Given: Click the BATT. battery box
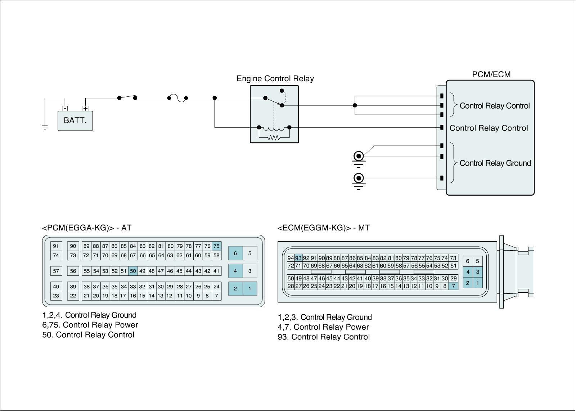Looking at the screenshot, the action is coord(75,121).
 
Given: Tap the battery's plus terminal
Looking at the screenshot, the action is coord(85,108).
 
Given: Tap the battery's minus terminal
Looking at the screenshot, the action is coord(65,108).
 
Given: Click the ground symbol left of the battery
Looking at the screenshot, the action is coord(45,128).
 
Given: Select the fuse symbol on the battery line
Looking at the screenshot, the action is coord(178,98).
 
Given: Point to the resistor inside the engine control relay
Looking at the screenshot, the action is coord(274,138).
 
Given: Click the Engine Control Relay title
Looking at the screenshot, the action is coord(275,79).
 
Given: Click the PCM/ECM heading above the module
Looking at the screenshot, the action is coord(491,74).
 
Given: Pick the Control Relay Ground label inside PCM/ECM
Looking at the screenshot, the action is coord(495,163).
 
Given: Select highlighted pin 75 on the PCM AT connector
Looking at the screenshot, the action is coord(216,246).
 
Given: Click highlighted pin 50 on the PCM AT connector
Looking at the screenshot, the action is coord(133,271).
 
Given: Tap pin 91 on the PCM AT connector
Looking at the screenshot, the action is coord(56,246).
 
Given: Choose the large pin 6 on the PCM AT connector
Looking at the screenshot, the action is coord(235,253).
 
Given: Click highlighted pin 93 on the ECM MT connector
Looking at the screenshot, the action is coord(298,258).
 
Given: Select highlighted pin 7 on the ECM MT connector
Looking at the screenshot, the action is coord(453,286).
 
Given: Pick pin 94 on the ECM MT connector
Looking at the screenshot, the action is coord(291,258).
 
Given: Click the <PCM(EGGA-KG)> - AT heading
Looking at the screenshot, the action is coord(87,228).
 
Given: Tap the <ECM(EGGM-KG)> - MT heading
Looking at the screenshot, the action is coord(324,228).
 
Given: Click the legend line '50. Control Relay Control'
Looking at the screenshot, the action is coord(88,335).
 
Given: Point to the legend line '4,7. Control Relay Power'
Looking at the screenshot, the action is coord(323,327).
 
